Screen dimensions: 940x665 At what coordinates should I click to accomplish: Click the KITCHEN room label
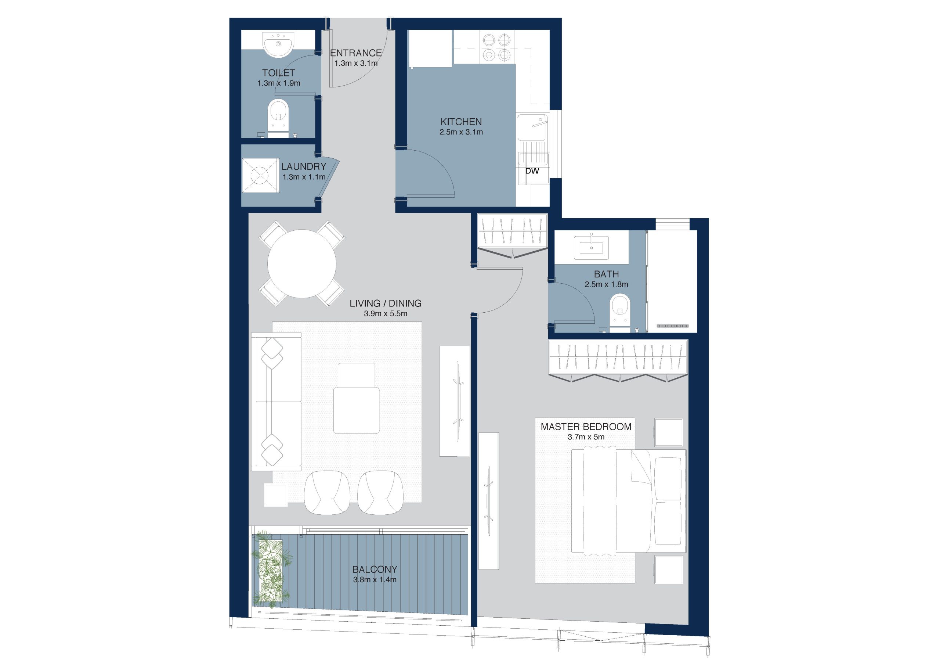pyautogui.click(x=461, y=122)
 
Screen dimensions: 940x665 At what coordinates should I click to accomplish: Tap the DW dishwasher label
pyautogui.click(x=532, y=171)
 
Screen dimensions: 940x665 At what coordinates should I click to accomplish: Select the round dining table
pyautogui.click(x=302, y=264)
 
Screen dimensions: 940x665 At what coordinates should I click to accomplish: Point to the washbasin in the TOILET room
pyautogui.click(x=278, y=44)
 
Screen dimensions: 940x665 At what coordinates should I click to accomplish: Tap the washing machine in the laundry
pyautogui.click(x=260, y=175)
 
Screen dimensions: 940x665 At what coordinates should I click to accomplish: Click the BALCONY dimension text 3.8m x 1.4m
pyautogui.click(x=375, y=580)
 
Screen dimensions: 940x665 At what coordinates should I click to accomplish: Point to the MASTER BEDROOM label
pyautogui.click(x=586, y=427)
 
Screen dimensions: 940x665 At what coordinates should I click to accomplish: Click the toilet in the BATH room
pyautogui.click(x=620, y=313)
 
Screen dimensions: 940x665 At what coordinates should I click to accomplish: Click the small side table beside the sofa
pyautogui.click(x=275, y=495)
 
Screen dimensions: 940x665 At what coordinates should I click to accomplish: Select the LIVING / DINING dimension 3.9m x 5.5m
pyautogui.click(x=386, y=314)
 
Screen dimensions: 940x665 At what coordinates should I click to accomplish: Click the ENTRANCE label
pyautogui.click(x=356, y=53)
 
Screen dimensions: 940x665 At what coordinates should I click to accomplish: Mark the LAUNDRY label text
pyautogui.click(x=304, y=167)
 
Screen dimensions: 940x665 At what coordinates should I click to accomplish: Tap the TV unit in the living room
pyautogui.click(x=455, y=401)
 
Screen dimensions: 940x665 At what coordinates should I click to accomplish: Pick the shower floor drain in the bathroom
pyautogui.click(x=672, y=326)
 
